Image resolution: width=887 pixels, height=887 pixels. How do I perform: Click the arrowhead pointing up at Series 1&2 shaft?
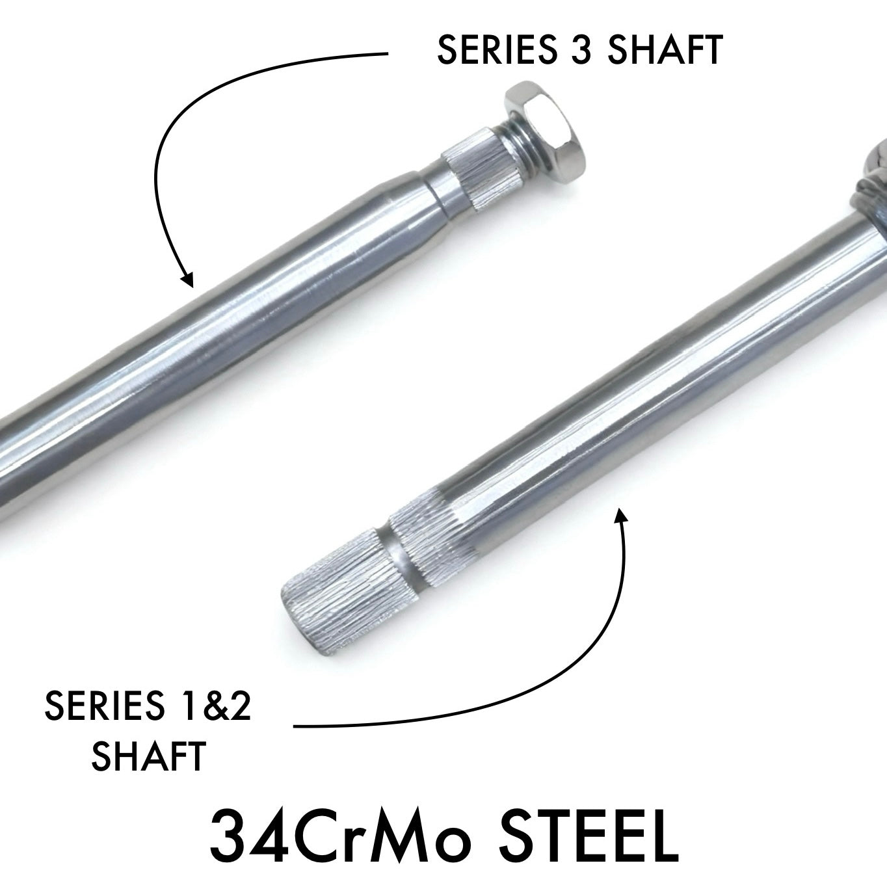tap(621, 517)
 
